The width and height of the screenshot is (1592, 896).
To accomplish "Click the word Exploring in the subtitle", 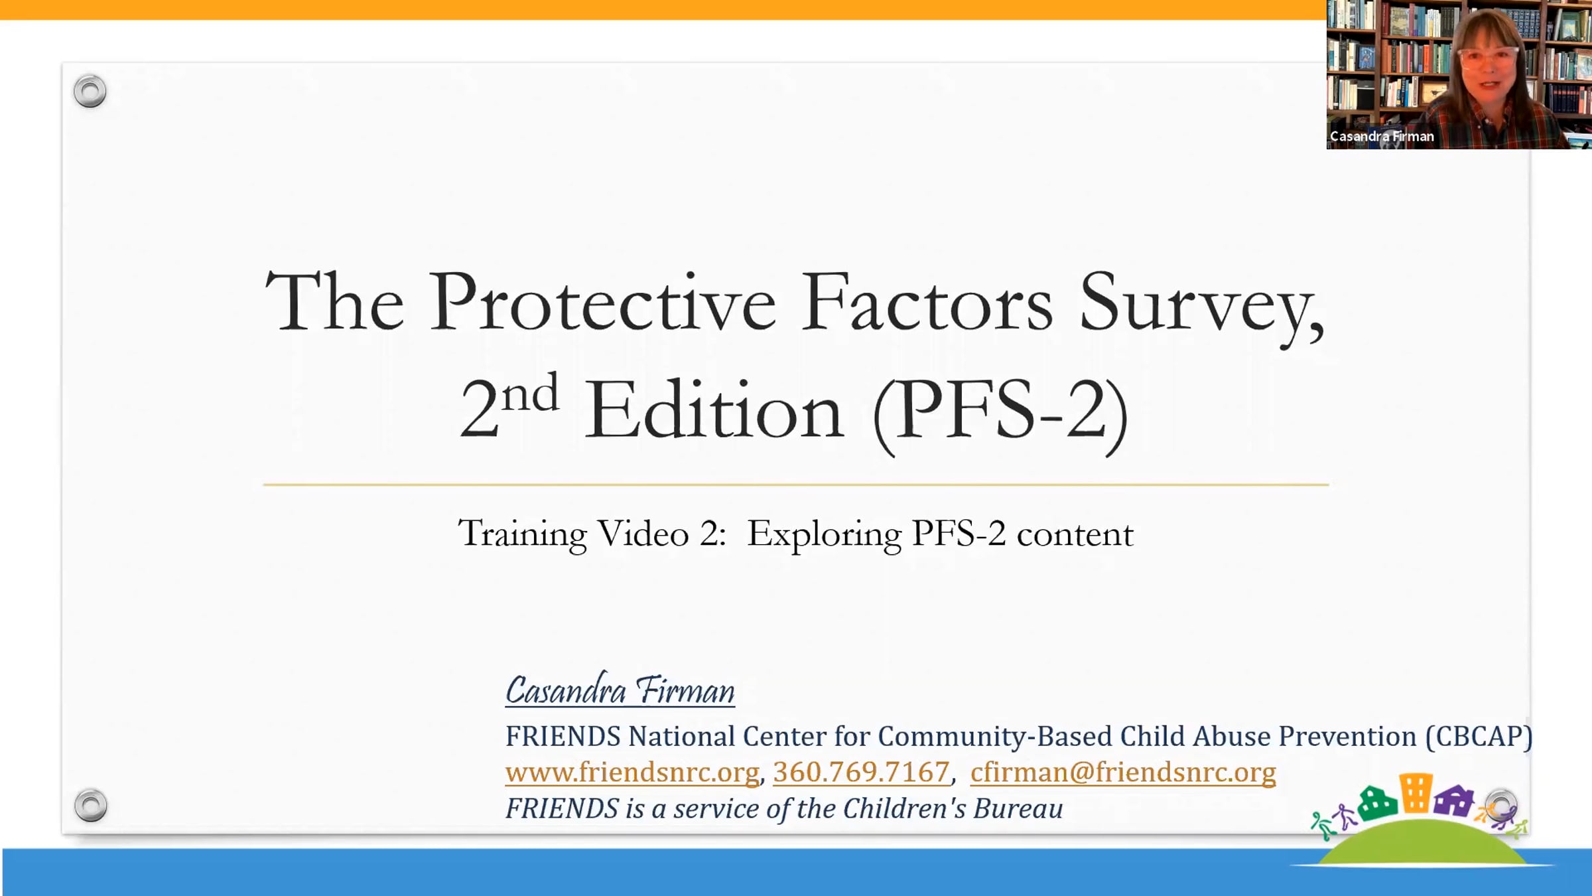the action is tap(825, 535).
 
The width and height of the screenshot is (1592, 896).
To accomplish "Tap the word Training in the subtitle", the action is tap(523, 535).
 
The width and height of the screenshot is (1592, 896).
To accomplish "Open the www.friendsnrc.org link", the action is tap(632, 772).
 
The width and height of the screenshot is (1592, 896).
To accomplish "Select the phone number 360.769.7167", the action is tap(862, 772).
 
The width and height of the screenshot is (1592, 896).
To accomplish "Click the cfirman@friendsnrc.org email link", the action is tap(1123, 772).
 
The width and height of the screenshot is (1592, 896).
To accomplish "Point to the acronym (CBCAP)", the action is tap(1479, 736).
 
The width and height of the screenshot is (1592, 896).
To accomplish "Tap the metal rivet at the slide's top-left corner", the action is tap(90, 91).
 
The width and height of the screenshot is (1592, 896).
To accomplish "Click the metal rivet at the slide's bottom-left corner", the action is tap(90, 805).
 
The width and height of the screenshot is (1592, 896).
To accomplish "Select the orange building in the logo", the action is tap(1416, 792).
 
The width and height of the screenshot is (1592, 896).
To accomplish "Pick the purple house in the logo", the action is tap(1454, 800).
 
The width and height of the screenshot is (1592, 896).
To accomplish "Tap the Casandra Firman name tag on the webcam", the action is tap(1382, 137).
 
